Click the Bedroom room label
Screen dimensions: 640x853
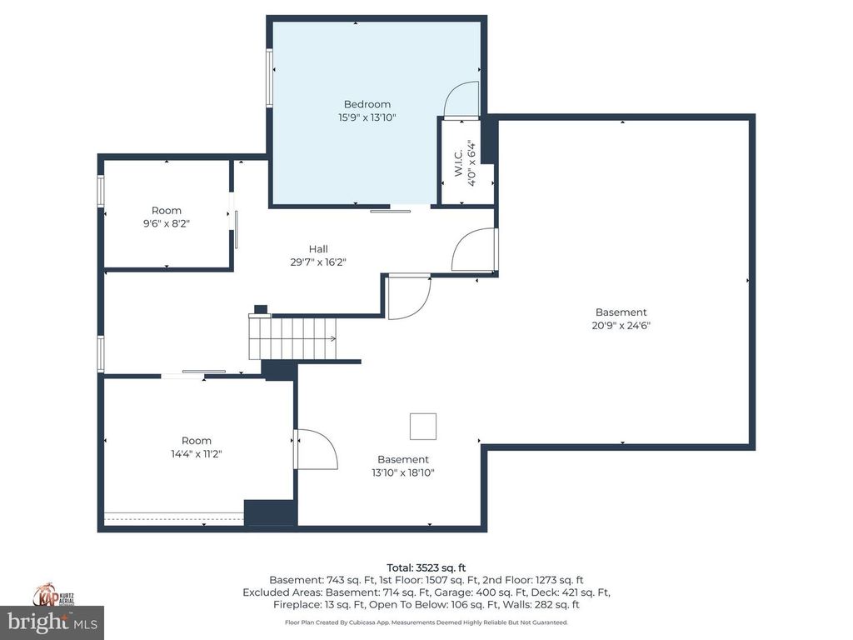pos(367,104)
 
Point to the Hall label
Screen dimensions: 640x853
pos(318,248)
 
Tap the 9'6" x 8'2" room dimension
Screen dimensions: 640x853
pos(166,223)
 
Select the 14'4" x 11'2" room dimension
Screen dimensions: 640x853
pos(197,454)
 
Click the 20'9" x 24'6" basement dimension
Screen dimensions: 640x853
pos(621,326)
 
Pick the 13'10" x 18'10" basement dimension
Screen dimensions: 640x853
pos(403,472)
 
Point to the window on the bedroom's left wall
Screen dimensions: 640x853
pos(269,77)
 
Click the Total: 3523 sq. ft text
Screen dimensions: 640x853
pos(426,567)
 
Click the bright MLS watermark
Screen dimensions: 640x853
pos(52,622)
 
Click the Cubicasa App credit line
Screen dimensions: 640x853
pos(426,622)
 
